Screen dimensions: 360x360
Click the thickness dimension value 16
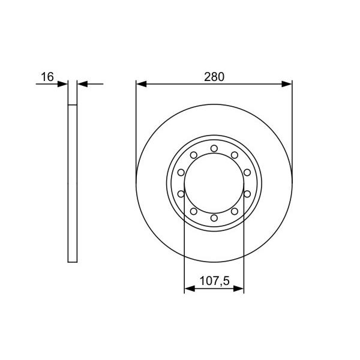[x=47, y=77]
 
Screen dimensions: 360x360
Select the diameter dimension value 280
[x=214, y=77]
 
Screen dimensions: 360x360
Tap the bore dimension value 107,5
[x=214, y=281]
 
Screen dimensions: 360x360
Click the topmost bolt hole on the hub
[x=214, y=149]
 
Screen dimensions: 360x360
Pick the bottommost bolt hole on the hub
[x=214, y=218]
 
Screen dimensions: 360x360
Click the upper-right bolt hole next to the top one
[x=235, y=155]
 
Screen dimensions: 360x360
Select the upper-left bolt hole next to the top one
[x=194, y=155]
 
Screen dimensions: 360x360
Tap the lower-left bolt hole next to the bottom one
[x=194, y=211]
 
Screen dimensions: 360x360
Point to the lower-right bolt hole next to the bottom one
[x=235, y=211]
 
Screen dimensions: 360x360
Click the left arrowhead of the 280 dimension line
[x=141, y=84]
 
